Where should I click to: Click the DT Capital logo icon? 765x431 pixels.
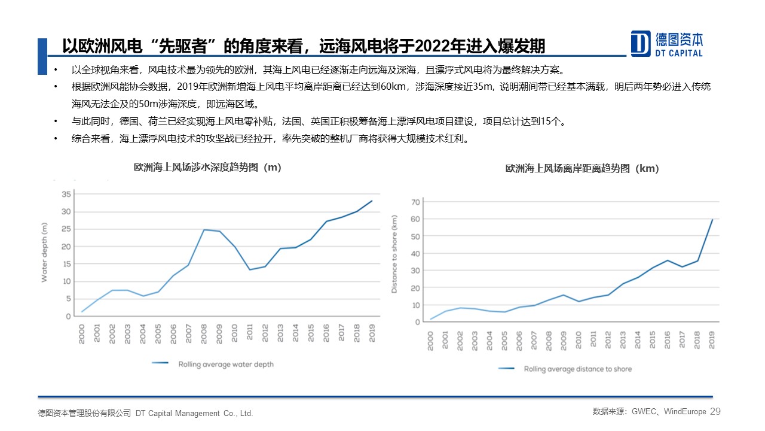641,43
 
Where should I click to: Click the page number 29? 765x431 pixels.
715,411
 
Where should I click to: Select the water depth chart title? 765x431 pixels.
207,168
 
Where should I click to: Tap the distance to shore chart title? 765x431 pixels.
582,169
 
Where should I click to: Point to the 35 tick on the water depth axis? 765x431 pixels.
66,194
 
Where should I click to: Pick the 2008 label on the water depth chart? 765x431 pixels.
204,334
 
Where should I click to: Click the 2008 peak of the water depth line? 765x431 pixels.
204,230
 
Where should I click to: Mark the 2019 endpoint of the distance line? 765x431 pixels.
712,220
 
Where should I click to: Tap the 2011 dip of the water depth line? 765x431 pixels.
250,269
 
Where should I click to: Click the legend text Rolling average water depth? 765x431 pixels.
225,363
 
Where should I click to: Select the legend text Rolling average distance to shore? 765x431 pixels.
577,369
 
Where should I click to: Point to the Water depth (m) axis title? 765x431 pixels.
44,252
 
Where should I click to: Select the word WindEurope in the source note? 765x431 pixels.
685,411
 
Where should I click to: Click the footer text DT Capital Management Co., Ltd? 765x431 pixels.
194,413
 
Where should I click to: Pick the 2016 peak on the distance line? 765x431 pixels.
667,260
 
